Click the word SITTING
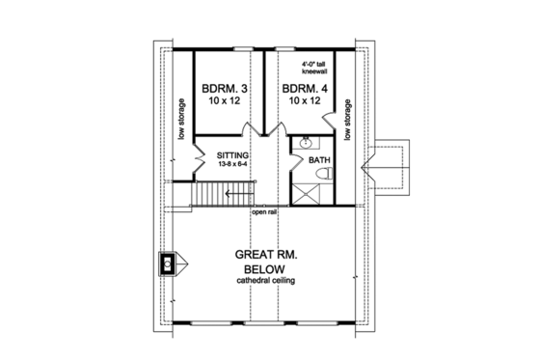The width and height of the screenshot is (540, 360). [232, 154]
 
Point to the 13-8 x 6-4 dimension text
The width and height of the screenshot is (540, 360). [232, 164]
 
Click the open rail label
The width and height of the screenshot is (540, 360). [265, 212]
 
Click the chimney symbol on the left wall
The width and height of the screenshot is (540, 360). [168, 263]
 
